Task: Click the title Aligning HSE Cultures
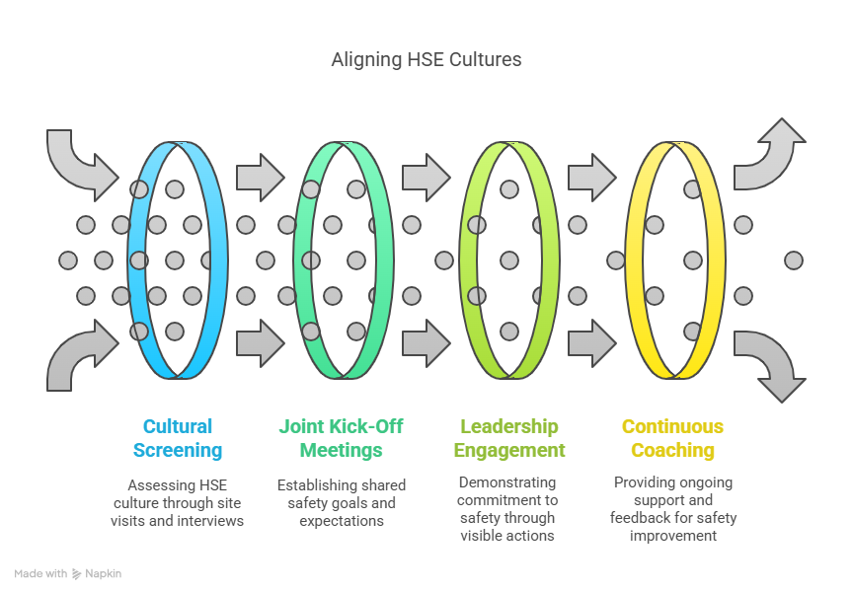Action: tap(426, 60)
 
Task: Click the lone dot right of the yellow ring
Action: tap(793, 260)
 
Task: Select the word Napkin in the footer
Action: tap(104, 573)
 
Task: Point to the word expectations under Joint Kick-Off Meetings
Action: tap(342, 521)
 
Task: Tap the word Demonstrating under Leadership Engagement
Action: tap(507, 483)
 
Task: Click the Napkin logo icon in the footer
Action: tap(77, 573)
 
